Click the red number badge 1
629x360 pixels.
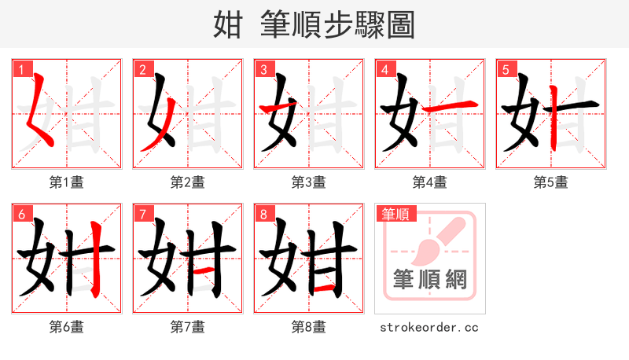tap(20, 69)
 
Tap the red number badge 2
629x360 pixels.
tap(142, 69)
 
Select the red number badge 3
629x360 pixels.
tap(263, 69)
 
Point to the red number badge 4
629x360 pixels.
tap(384, 69)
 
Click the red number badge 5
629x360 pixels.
tap(505, 69)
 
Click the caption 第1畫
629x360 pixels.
tap(67, 182)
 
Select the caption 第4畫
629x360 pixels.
tap(430, 182)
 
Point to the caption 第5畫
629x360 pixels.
tap(551, 182)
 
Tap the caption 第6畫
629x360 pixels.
tap(67, 327)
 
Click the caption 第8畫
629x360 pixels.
tap(309, 327)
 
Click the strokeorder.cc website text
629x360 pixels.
tap(429, 327)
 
